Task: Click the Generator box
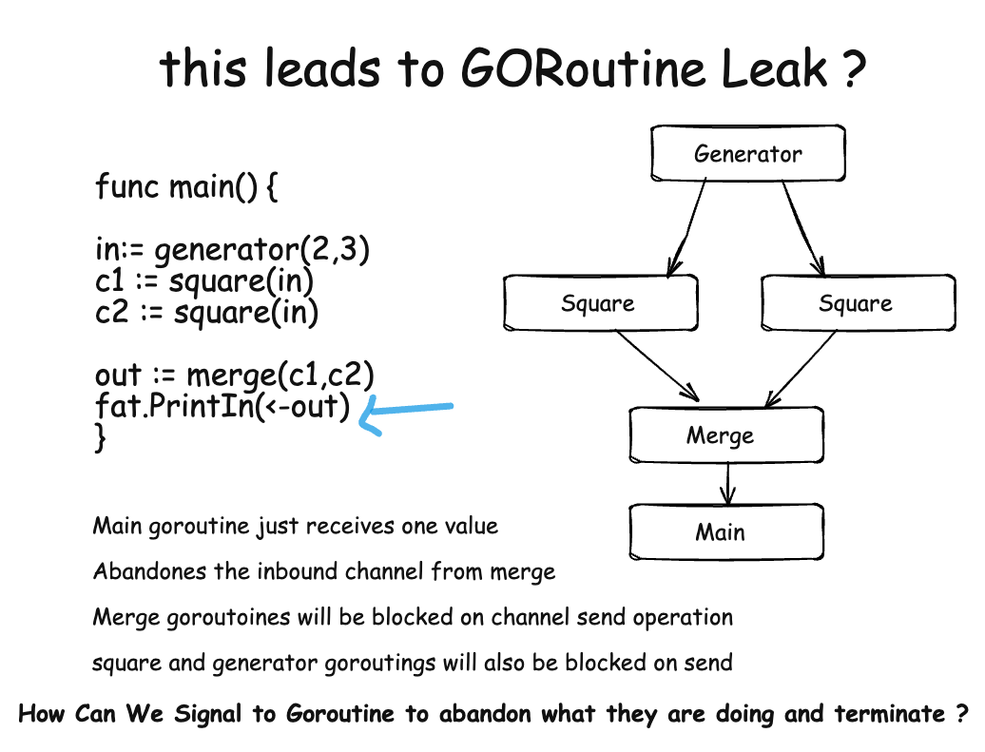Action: point(747,153)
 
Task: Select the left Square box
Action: point(600,303)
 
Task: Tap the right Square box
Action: point(857,303)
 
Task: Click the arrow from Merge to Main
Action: point(727,482)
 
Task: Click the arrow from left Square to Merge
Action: point(658,364)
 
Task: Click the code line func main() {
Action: point(186,186)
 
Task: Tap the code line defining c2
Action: point(206,311)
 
